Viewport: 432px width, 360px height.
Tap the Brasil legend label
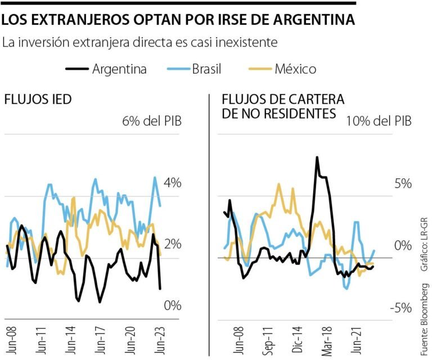tap(206, 69)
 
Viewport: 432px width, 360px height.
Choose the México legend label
tap(295, 69)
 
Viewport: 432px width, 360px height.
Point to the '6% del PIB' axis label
tap(152, 121)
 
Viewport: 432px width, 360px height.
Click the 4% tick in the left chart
tap(172, 183)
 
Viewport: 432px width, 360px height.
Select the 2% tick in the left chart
tap(172, 244)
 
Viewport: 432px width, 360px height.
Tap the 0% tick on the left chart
tap(172, 305)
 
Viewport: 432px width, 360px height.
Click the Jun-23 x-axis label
tap(161, 338)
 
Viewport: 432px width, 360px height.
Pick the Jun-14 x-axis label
tap(70, 338)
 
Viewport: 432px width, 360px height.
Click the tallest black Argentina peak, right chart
tap(317, 158)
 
